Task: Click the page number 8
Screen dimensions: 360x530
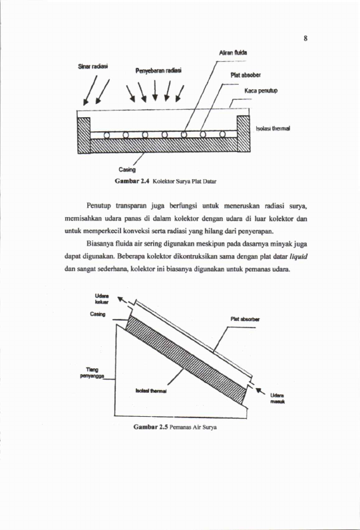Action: pos(305,38)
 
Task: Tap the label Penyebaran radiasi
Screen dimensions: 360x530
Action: pos(158,71)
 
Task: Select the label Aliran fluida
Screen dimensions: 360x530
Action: pos(233,53)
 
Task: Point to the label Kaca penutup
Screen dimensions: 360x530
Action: pos(261,91)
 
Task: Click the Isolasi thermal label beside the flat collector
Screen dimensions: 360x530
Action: pos(273,129)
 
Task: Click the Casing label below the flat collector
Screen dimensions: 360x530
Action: pos(127,169)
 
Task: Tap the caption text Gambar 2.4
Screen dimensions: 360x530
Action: pos(132,181)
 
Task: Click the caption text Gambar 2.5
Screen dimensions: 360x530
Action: pos(150,427)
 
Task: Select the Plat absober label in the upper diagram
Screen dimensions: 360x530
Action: pos(246,75)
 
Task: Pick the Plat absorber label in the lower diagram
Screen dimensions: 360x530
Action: pos(245,319)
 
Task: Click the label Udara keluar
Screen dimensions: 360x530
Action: pos(102,299)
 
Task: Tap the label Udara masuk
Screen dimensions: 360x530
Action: pos(277,399)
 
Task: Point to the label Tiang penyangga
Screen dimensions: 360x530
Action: pos(92,373)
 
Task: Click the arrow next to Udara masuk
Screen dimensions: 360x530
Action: pos(260,391)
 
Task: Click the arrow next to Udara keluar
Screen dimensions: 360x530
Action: pos(122,300)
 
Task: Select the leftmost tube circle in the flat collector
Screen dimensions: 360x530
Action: pos(106,135)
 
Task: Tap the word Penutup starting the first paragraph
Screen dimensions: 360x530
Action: pos(98,206)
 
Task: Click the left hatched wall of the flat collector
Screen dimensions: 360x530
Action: pos(84,135)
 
